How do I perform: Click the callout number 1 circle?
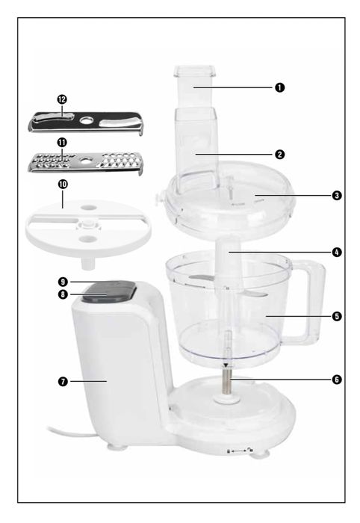click(280, 87)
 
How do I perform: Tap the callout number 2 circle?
click(279, 155)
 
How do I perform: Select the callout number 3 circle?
click(337, 196)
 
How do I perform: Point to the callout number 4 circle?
click(337, 253)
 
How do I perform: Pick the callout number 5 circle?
click(337, 316)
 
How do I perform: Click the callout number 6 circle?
click(337, 380)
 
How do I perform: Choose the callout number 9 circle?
click(63, 282)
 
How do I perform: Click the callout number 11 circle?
click(62, 142)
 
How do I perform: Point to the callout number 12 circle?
click(62, 99)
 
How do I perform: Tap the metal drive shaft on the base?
click(223, 386)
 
